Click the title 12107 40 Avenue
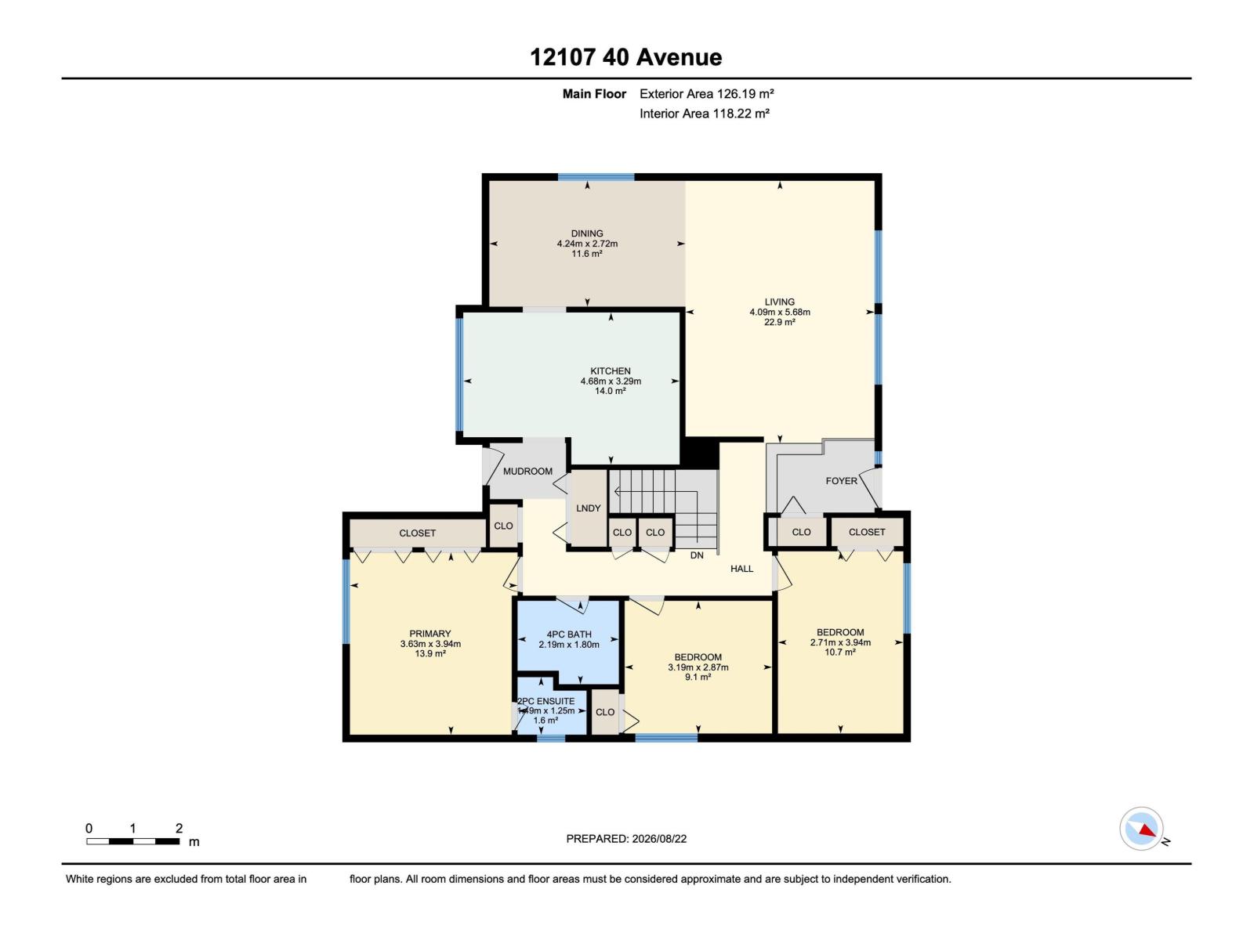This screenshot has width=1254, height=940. click(x=625, y=58)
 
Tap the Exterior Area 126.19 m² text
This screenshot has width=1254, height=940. click(x=707, y=93)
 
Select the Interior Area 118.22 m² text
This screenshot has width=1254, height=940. click(x=705, y=114)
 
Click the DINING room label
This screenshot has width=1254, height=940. click(x=587, y=233)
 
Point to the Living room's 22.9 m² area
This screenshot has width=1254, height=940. click(x=780, y=322)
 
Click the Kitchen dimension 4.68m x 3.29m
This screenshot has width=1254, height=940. click(x=611, y=381)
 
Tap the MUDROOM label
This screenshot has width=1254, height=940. click(x=527, y=472)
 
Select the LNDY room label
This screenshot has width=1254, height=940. click(x=588, y=508)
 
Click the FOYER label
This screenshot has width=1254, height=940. click(x=842, y=481)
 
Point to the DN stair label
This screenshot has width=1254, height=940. click(x=697, y=555)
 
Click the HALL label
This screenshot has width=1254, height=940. click(x=741, y=569)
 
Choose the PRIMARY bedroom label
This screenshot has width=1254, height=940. click(x=429, y=634)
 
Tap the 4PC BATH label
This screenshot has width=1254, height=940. click(x=568, y=634)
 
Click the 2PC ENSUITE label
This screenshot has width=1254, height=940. click(x=545, y=701)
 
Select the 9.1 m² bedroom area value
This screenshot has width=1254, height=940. click(x=698, y=677)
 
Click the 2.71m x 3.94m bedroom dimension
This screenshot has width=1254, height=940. click(x=840, y=642)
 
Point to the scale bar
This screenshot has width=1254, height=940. click(x=132, y=841)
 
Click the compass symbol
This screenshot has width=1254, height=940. click(x=1141, y=829)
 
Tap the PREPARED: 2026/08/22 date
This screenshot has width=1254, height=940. click(x=626, y=838)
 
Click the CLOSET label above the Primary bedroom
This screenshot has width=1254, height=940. click(x=417, y=533)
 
